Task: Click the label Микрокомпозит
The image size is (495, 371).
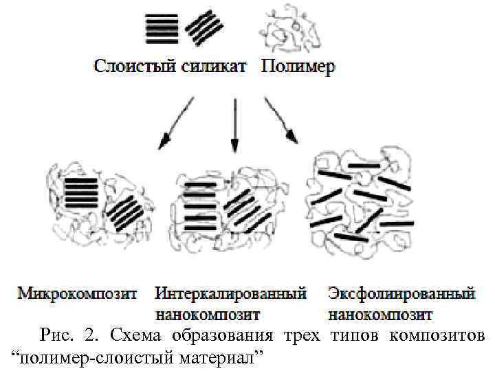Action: (77, 294)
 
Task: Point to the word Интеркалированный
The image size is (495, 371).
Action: (231, 294)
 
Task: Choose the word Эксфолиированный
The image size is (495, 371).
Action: (402, 294)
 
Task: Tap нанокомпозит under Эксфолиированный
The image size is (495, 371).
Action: (380, 315)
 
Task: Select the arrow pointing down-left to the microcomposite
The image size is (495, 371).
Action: (176, 122)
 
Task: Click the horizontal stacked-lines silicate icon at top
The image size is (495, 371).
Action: (162, 28)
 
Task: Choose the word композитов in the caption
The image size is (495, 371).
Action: (438, 336)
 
